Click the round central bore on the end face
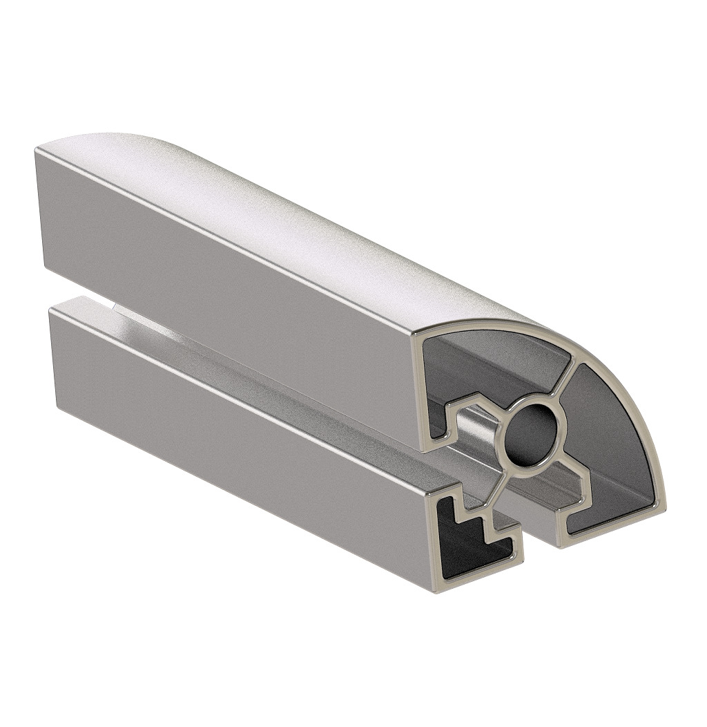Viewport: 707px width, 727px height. [530, 435]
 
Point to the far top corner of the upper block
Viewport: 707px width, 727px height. [38, 149]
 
